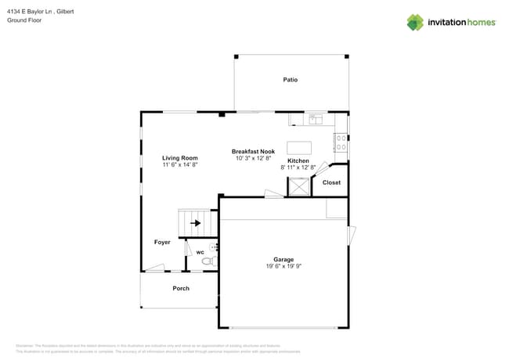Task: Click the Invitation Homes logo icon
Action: click(414, 22)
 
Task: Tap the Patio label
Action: click(290, 80)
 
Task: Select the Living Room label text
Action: click(179, 157)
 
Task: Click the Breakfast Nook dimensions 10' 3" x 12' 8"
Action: click(252, 158)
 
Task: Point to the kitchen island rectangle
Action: click(298, 147)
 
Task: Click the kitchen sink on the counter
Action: click(316, 120)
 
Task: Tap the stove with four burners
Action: click(341, 142)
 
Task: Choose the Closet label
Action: click(331, 182)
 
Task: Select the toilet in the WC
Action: click(208, 261)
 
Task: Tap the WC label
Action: click(200, 252)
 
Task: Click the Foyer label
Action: click(161, 243)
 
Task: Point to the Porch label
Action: click(181, 289)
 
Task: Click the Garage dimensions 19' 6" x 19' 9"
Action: click(283, 266)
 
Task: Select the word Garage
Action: click(283, 259)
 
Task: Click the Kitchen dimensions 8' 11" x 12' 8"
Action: click(298, 167)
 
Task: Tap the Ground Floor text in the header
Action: click(23, 21)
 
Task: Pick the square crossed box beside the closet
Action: click(298, 186)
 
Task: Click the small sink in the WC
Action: click(214, 247)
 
